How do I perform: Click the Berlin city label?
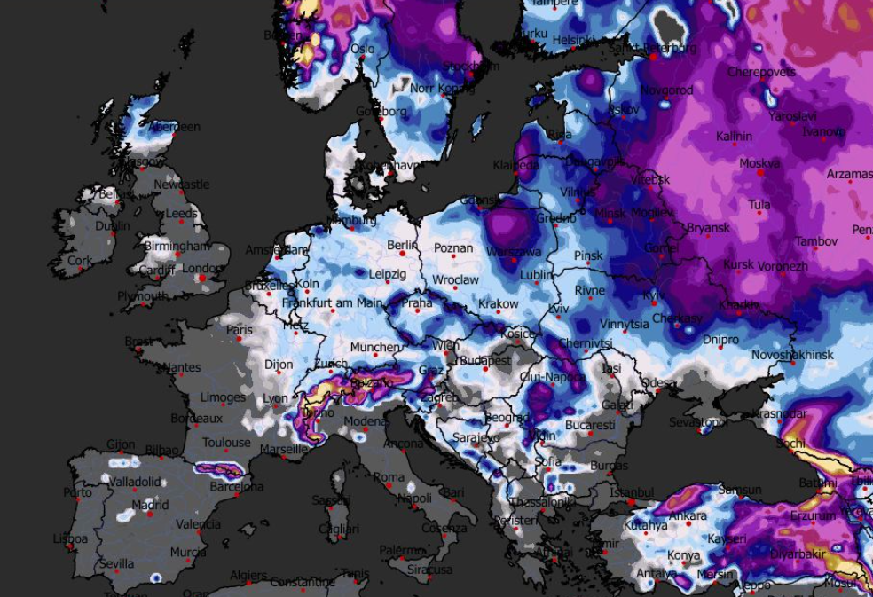[402, 245]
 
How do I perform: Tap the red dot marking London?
[203, 279]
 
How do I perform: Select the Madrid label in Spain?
[125, 506]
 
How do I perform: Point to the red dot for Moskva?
[760, 173]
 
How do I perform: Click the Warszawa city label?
[513, 253]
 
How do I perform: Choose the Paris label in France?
[240, 330]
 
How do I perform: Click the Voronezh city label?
[783, 266]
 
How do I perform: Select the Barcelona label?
[237, 487]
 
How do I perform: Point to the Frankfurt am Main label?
[332, 303]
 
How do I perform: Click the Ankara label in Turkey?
[688, 516]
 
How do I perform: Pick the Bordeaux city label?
[196, 418]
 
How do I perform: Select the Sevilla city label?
[116, 563]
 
